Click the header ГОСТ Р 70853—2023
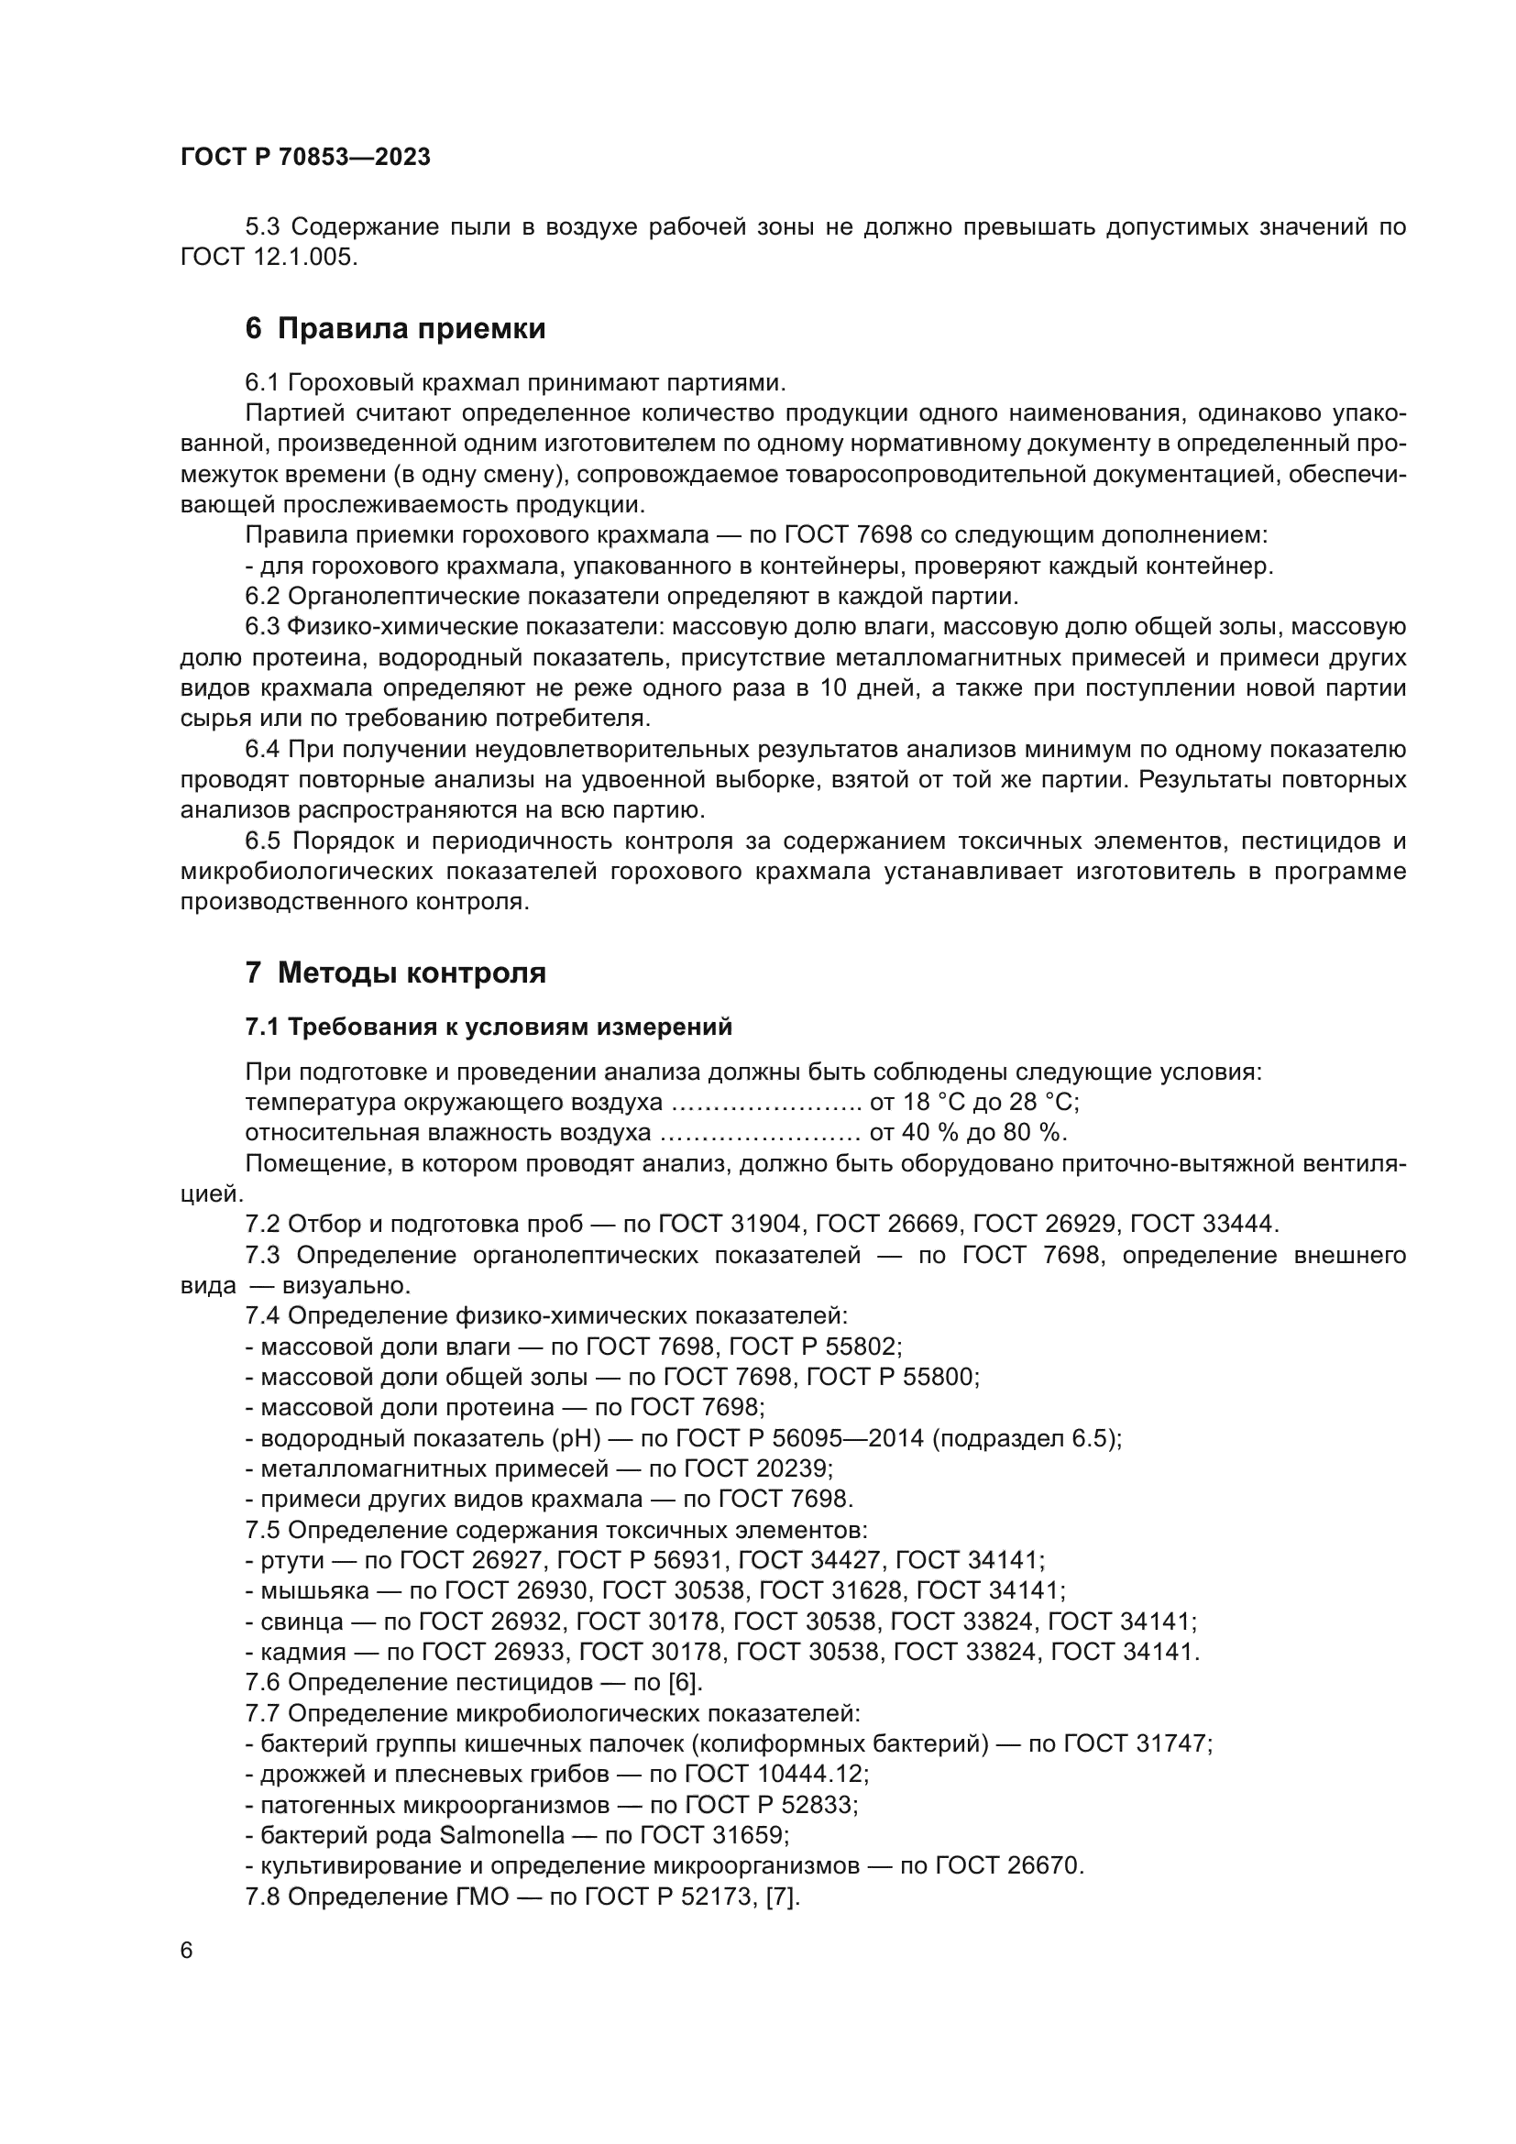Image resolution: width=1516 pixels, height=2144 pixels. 305,158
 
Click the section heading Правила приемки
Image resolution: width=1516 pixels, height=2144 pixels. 395,329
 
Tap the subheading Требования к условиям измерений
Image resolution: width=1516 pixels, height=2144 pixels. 489,1028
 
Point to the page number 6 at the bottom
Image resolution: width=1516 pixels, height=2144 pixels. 187,1951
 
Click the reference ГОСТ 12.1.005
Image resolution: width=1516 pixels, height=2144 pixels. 268,257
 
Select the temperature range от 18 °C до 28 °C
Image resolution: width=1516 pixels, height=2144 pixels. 973,1103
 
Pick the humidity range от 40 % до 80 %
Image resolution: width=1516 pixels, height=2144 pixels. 967,1134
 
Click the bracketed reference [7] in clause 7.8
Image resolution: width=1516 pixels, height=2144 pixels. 782,1897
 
